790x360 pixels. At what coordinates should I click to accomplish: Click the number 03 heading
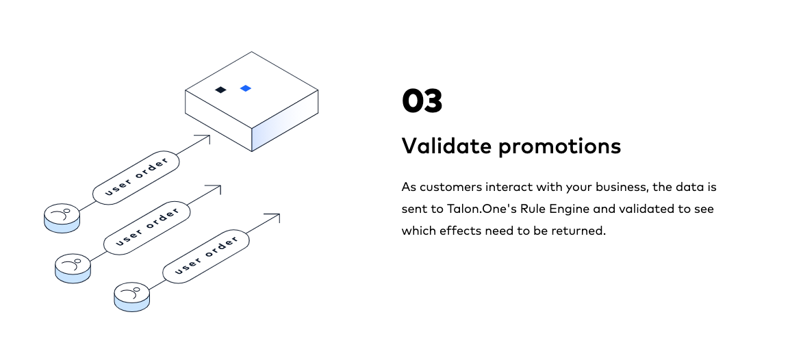point(422,101)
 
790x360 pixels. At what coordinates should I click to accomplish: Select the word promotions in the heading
point(559,146)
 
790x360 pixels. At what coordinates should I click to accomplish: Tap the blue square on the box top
point(246,88)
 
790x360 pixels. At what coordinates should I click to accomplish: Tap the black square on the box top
point(220,90)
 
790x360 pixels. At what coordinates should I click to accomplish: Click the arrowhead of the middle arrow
point(218,187)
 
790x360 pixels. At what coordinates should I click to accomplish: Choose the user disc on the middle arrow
point(73,267)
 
